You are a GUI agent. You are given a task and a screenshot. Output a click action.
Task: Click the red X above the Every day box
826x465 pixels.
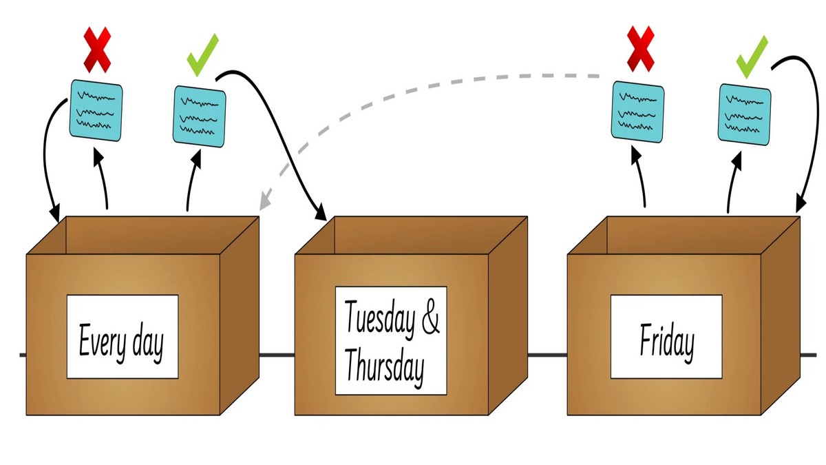[97, 50]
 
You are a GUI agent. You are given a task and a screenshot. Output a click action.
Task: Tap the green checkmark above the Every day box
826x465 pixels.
[203, 54]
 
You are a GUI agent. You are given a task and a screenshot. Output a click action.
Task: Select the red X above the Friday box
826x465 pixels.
[639, 49]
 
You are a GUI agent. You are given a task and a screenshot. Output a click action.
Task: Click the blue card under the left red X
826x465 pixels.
[97, 108]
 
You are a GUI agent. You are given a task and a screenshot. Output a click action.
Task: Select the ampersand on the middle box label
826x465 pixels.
[430, 318]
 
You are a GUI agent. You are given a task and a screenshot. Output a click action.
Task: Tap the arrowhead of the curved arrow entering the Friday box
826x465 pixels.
[800, 206]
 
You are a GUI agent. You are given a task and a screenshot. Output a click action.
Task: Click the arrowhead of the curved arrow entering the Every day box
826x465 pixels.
[55, 215]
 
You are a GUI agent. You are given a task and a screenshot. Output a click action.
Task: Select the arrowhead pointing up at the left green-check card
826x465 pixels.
[196, 156]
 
